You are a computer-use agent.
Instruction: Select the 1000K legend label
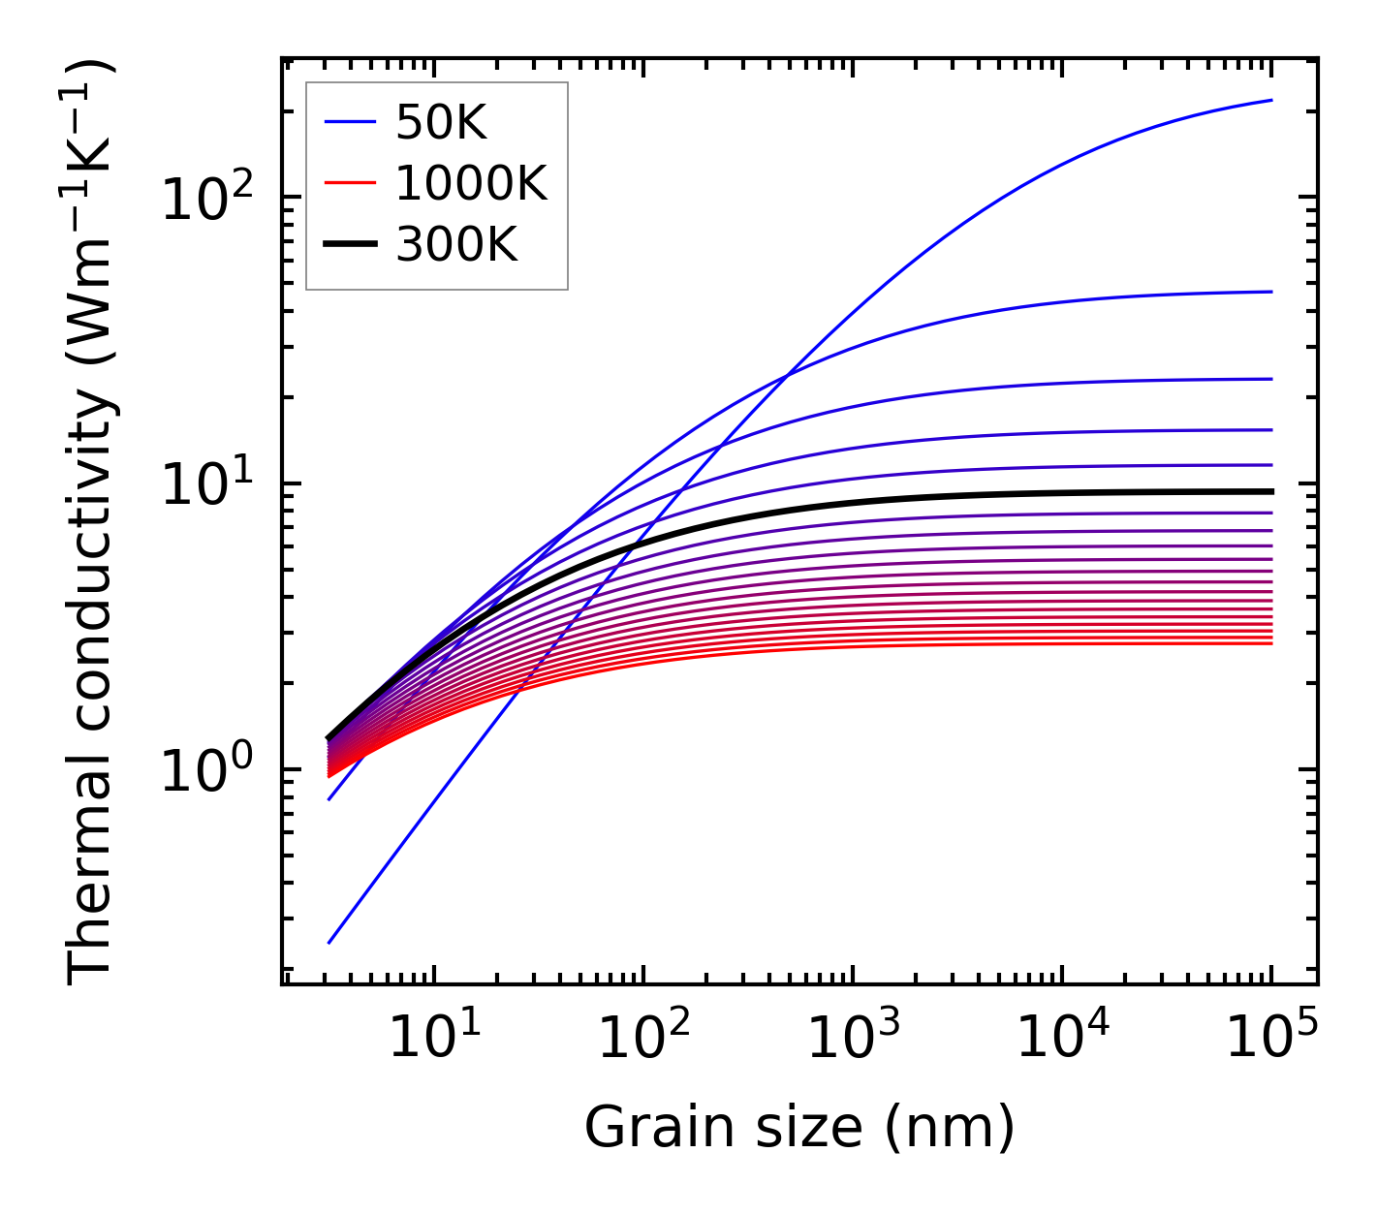tap(471, 183)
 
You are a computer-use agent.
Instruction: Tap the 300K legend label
tap(456, 245)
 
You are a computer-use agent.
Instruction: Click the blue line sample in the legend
tap(349, 122)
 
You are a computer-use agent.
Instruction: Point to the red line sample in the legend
tap(349, 183)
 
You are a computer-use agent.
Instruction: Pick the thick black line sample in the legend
tap(349, 245)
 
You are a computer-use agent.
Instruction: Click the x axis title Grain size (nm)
tap(799, 1128)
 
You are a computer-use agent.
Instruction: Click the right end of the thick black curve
tap(1271, 491)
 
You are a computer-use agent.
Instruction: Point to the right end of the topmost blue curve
tap(1271, 100)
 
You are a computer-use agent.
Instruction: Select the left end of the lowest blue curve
tap(329, 943)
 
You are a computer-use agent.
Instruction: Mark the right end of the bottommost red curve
tap(1271, 643)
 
